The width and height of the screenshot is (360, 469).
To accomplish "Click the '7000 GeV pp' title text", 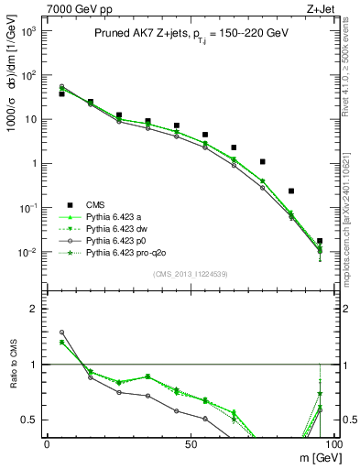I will coord(74,8).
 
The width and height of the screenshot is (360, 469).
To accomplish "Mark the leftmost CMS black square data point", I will coord(61,93).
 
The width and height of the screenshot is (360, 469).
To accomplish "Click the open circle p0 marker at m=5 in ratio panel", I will coord(61,333).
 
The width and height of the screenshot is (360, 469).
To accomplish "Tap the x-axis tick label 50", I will coord(190,443).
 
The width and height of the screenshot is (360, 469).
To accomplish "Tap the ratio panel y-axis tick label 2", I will coord(34,309).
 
